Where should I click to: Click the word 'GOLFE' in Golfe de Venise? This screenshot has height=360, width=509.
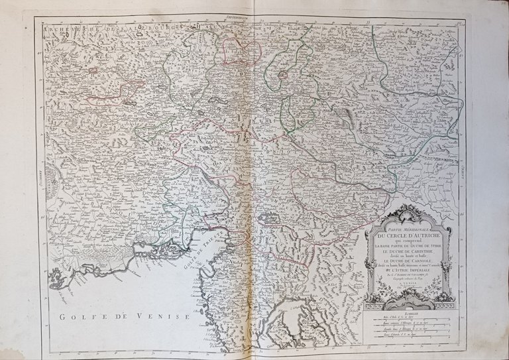pos(80,316)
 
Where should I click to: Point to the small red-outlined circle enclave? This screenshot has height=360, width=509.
pos(283,75)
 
